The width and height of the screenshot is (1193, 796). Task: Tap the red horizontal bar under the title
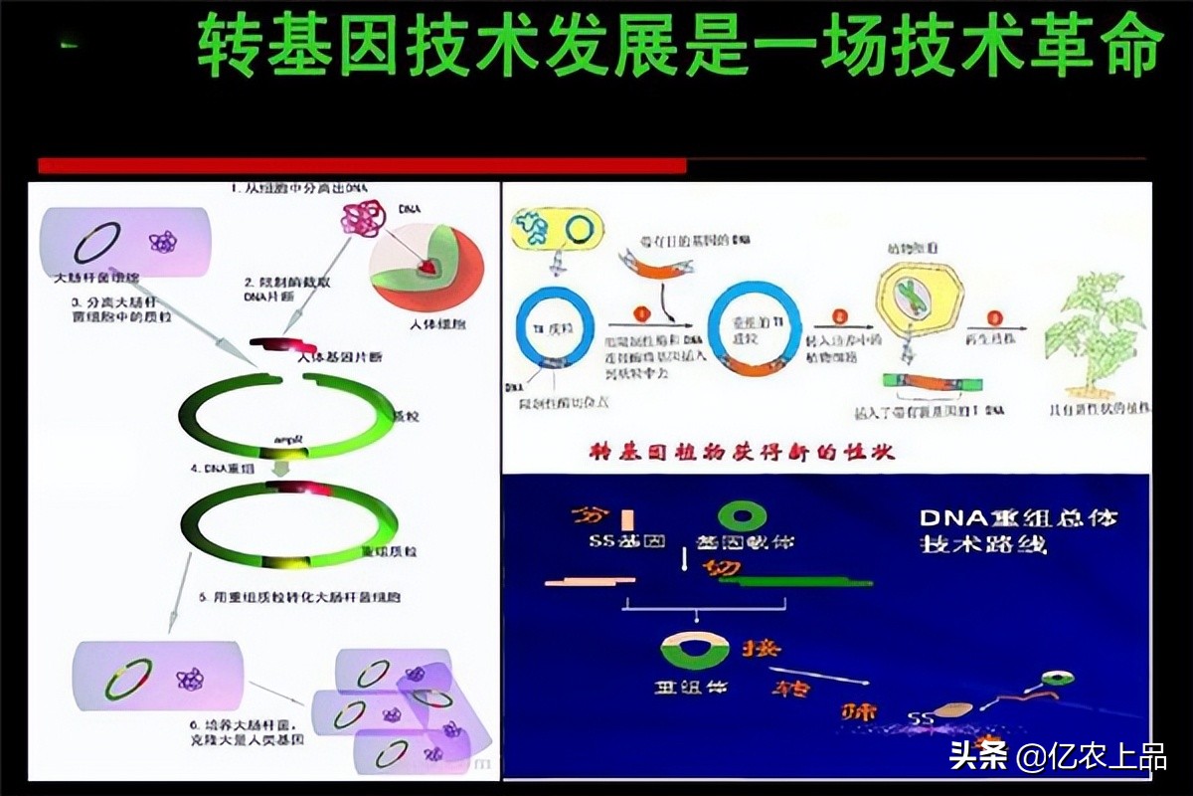coord(362,165)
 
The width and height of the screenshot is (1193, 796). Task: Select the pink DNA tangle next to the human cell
coord(360,219)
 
